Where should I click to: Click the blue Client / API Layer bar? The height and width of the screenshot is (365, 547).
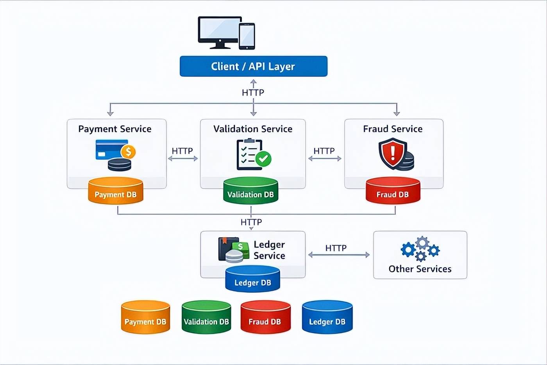click(x=253, y=66)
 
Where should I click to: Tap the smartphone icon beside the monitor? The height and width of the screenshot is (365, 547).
click(x=247, y=36)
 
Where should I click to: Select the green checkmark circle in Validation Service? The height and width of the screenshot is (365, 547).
click(x=264, y=158)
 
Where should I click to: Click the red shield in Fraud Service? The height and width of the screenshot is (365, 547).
click(x=392, y=153)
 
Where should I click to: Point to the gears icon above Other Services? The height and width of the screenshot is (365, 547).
click(x=420, y=249)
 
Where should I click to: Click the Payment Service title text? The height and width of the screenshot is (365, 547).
click(x=114, y=129)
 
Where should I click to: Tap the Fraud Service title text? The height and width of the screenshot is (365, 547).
click(x=393, y=129)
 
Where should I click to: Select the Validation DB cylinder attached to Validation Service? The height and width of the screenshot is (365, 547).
click(x=250, y=191)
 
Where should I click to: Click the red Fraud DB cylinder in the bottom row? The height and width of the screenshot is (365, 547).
click(x=265, y=317)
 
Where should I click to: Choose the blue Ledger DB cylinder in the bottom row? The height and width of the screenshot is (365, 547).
click(x=327, y=317)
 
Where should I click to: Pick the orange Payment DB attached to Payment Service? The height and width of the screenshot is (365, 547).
click(x=116, y=191)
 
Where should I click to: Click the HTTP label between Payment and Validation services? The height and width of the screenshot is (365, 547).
click(x=182, y=151)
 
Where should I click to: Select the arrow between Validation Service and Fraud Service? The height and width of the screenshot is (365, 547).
click(x=325, y=158)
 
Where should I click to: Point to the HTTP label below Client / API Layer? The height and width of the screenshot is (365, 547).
click(x=253, y=93)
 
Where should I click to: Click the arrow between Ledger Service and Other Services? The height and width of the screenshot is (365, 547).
click(x=339, y=255)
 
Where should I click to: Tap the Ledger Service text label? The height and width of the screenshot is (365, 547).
click(x=269, y=250)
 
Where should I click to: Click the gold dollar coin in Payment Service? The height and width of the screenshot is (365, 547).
click(x=128, y=152)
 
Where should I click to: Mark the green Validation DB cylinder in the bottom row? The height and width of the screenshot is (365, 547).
click(x=206, y=317)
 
